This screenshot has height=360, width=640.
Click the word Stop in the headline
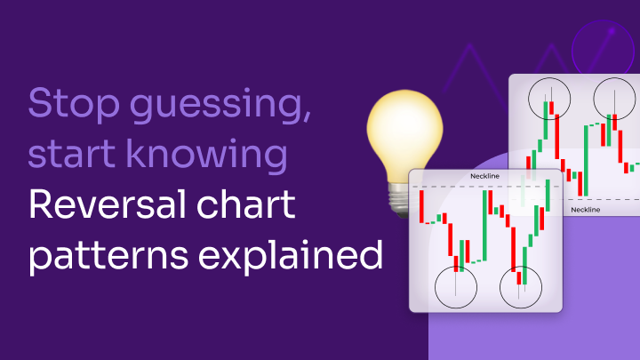point(74,104)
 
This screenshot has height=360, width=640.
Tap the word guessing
point(220,106)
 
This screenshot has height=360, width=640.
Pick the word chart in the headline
point(245,204)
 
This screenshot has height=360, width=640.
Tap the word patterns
point(108,256)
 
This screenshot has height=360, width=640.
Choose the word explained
point(291,255)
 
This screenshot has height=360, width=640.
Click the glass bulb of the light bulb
point(404,135)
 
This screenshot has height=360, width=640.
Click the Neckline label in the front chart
point(484,176)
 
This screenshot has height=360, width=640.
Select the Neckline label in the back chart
point(585,210)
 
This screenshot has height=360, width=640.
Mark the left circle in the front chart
point(435,287)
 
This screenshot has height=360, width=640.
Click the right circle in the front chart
point(500,287)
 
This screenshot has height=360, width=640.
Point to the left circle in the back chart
point(529,99)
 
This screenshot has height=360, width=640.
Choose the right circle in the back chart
point(594,99)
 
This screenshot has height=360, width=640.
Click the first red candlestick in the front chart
point(421,206)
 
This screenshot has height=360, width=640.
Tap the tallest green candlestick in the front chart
point(485,225)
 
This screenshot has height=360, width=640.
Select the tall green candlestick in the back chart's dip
point(586,160)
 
